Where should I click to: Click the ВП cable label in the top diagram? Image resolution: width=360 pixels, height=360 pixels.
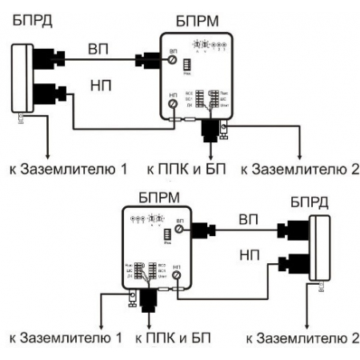click(99, 50)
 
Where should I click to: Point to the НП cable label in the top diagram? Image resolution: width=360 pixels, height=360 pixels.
click(99, 83)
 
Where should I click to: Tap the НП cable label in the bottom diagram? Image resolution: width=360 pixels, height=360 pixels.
click(247, 253)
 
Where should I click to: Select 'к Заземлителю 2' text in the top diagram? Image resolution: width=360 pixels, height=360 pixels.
click(301, 169)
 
